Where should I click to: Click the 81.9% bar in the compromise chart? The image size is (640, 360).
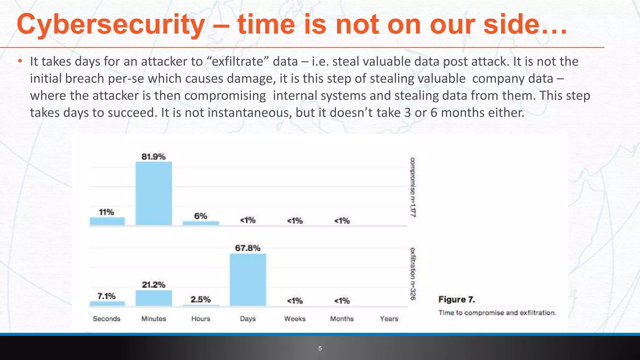pos(153,193)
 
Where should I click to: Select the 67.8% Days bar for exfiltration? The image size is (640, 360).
pos(248,279)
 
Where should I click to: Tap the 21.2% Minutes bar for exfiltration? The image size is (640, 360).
pos(153,297)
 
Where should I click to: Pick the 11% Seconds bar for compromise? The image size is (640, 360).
pos(107,221)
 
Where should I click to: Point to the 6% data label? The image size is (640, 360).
pos(201,216)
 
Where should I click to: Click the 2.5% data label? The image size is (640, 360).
pos(201,299)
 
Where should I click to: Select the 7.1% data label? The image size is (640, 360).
pos(107,296)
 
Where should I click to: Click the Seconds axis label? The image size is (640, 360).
pos(107,319)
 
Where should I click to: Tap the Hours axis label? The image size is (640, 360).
pos(201,319)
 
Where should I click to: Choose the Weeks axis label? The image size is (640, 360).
pos(295,319)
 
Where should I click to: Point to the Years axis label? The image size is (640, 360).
pos(389,319)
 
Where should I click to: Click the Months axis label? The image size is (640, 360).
pos(342,319)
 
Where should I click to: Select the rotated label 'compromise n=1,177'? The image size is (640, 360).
pos(413,187)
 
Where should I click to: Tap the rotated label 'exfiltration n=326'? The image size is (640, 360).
pos(413,274)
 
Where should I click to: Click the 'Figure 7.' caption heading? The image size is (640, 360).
pos(457,299)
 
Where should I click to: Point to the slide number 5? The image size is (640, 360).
pos(320,348)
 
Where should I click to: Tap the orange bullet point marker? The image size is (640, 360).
pos(20,61)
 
